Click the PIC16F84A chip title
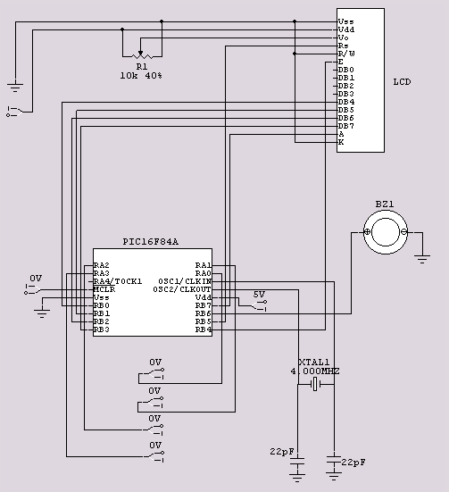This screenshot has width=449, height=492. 150,242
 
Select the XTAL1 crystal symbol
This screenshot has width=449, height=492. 315,384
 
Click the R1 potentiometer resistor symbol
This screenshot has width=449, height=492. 142,56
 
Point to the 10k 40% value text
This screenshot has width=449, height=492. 141,76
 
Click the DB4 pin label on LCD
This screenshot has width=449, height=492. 346,102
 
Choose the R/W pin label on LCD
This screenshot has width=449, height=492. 346,54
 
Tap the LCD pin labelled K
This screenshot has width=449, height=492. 341,142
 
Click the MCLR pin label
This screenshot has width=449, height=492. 104,289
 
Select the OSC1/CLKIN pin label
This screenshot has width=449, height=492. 185,281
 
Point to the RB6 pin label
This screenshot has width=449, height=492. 204,313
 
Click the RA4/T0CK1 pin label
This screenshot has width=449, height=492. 118,281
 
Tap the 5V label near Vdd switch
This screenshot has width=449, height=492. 259,295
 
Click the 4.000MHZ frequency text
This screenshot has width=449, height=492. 315,371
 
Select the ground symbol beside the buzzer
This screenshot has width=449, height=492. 422,259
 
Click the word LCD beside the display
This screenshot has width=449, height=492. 402,82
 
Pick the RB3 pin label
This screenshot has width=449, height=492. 102,329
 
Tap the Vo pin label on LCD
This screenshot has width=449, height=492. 344,38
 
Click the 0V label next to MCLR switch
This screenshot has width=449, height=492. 36,279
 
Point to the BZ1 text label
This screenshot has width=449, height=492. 385,204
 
